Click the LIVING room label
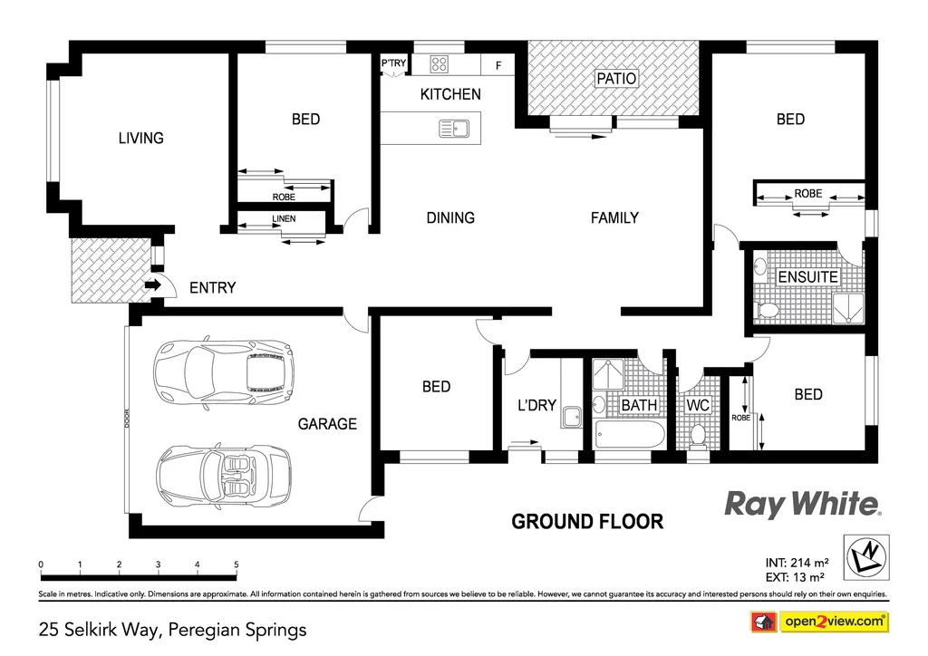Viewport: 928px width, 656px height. [141, 138]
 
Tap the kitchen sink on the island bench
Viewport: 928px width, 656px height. [453, 129]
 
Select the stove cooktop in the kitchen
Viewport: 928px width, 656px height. [440, 63]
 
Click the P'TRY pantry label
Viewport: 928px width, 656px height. [393, 63]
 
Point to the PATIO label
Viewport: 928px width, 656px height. [616, 79]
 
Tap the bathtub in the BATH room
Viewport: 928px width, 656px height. [630, 435]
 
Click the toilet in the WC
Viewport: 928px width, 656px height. [698, 436]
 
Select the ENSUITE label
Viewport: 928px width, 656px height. [807, 276]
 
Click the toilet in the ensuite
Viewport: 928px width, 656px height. [767, 310]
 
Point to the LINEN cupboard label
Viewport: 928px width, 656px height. [284, 219]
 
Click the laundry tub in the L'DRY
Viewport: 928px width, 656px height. [571, 417]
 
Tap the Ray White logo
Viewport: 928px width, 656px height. [802, 504]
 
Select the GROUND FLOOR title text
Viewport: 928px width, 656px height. [587, 522]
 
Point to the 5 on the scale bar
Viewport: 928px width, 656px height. [237, 564]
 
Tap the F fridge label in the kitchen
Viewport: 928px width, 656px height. [498, 65]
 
